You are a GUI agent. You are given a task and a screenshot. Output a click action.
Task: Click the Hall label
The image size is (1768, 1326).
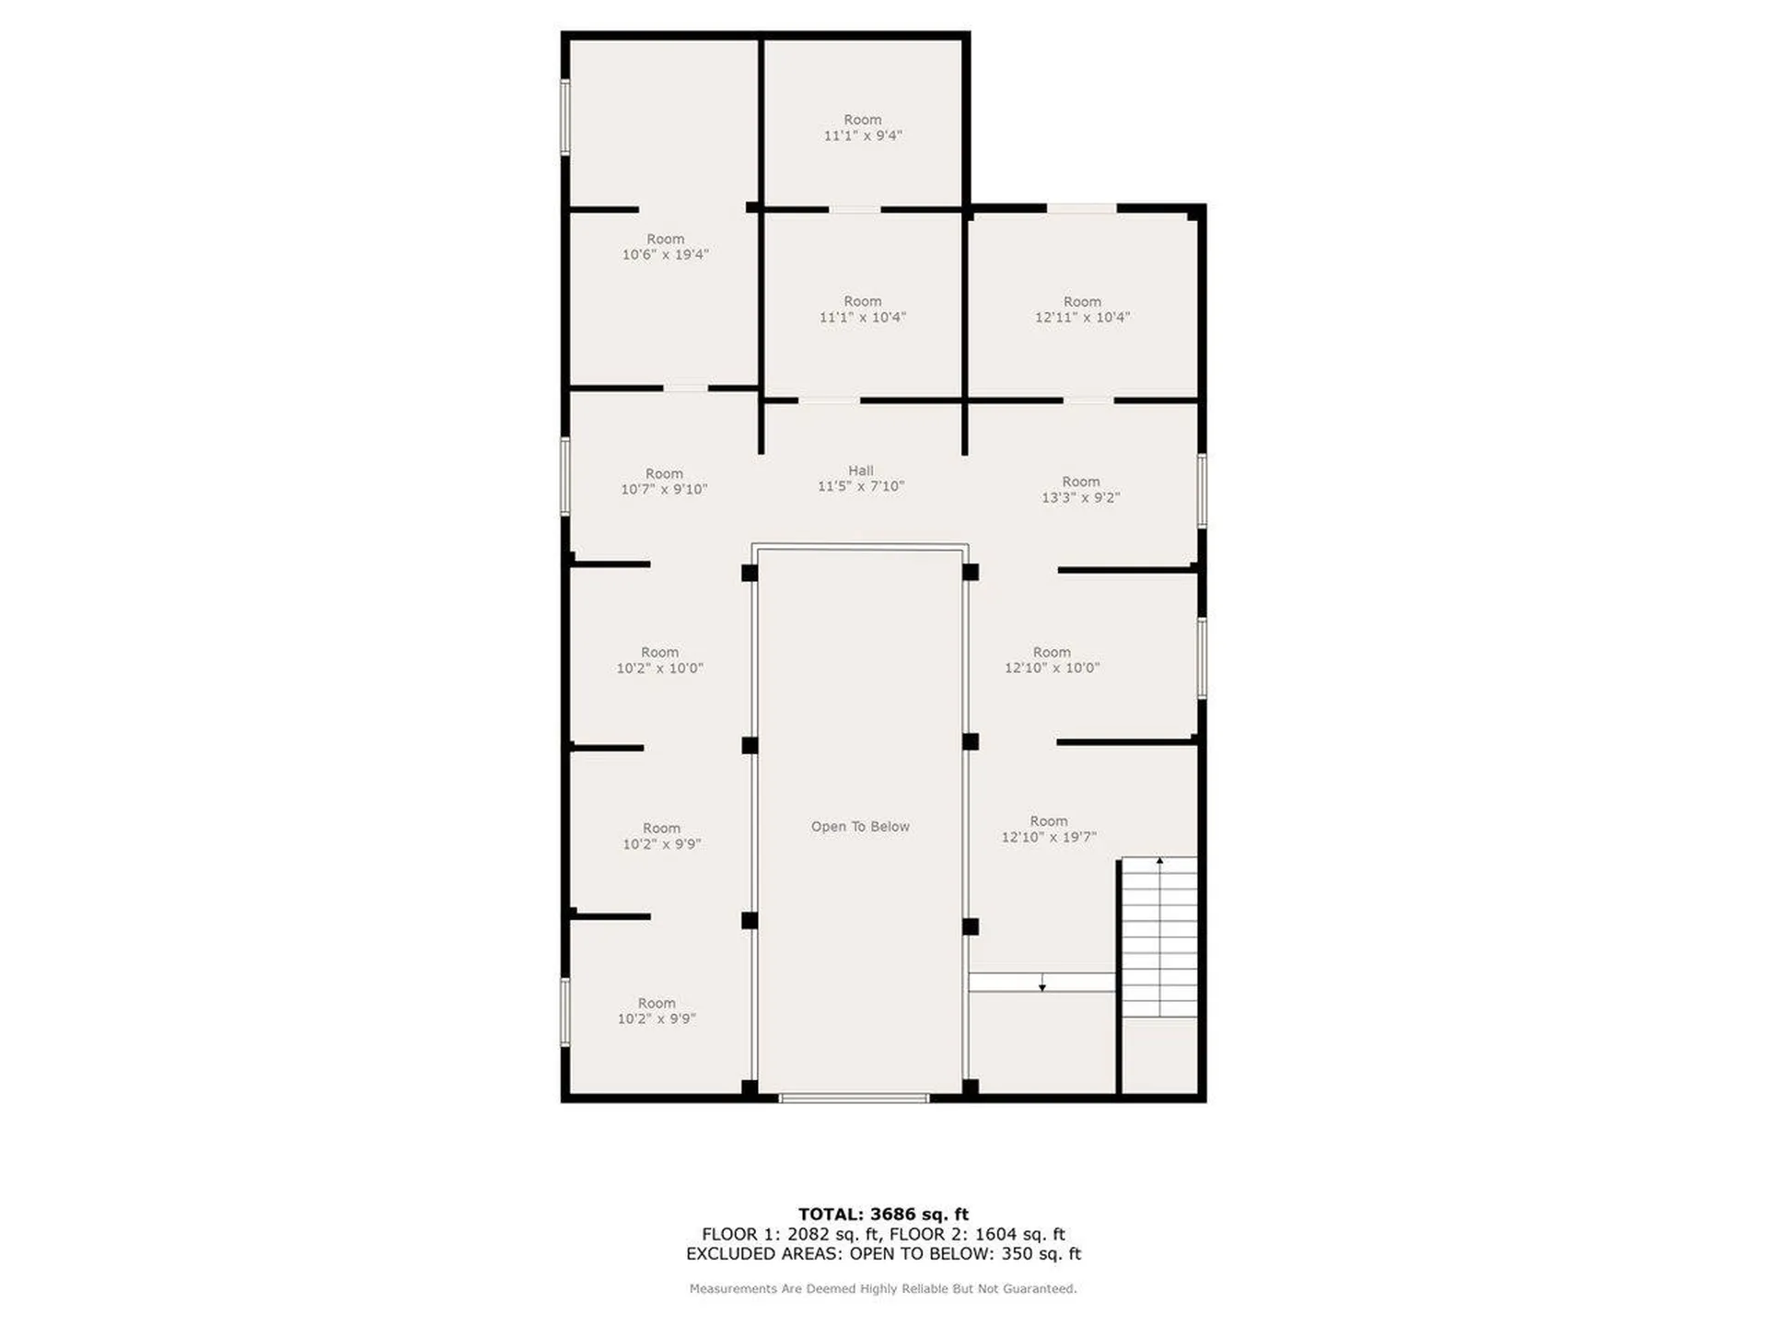pyautogui.click(x=860, y=471)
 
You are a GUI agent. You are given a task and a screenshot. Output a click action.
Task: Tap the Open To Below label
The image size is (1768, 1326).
pyautogui.click(x=860, y=827)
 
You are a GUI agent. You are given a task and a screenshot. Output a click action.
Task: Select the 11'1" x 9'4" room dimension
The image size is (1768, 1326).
pyautogui.click(x=863, y=135)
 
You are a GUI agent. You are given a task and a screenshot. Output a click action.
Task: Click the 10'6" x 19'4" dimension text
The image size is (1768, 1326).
pyautogui.click(x=665, y=255)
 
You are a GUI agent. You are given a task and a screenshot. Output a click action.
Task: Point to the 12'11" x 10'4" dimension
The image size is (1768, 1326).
pyautogui.click(x=1082, y=318)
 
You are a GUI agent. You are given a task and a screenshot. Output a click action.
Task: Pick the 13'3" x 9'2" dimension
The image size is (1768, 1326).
pyautogui.click(x=1080, y=498)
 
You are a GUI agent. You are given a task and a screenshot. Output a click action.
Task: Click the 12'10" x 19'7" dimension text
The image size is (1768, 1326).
pyautogui.click(x=1049, y=838)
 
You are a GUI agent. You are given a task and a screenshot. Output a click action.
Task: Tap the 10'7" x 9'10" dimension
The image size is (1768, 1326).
pyautogui.click(x=664, y=490)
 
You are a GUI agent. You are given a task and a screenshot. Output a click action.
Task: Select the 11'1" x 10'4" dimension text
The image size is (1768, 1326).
pyautogui.click(x=863, y=318)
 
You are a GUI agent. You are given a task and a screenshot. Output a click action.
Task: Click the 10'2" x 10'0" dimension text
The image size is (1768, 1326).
pyautogui.click(x=659, y=669)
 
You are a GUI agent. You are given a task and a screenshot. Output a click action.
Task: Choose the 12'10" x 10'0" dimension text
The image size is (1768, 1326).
pyautogui.click(x=1052, y=669)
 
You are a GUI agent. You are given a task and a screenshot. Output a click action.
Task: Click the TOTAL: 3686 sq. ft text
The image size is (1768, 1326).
pyautogui.click(x=883, y=1215)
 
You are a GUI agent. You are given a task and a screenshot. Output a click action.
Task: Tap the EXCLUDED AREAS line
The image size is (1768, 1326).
pyautogui.click(x=883, y=1254)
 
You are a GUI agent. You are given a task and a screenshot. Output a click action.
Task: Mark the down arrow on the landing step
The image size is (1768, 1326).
pyautogui.click(x=1042, y=984)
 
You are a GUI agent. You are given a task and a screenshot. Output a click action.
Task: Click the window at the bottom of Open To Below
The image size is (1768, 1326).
pyautogui.click(x=854, y=1098)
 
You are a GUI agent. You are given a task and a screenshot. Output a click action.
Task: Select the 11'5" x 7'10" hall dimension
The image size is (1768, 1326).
pyautogui.click(x=861, y=486)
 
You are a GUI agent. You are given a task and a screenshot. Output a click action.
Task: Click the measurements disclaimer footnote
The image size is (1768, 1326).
pyautogui.click(x=883, y=1289)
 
